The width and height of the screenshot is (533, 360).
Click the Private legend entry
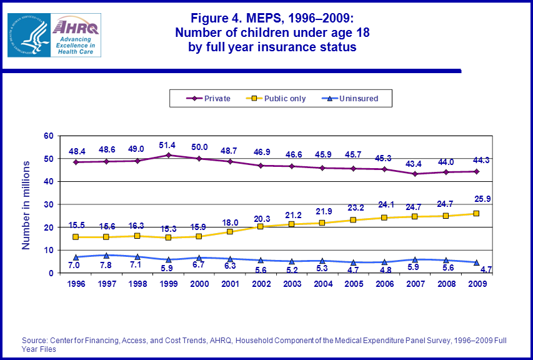point(209,98)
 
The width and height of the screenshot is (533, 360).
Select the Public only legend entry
point(279,98)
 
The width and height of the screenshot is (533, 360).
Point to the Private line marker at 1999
point(169,155)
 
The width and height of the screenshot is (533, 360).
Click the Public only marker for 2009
point(476,214)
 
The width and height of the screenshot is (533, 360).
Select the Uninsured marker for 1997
point(107,255)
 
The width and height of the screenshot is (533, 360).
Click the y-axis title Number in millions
point(26,205)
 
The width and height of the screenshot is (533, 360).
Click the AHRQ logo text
point(76,26)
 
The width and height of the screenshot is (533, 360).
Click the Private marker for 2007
point(414,174)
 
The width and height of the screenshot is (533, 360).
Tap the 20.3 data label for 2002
point(261,219)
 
